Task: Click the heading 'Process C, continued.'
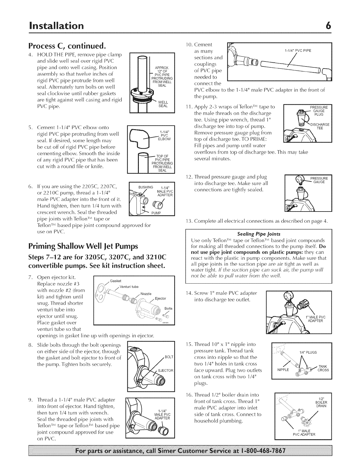(x=66, y=46)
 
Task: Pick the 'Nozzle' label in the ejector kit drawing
(x=146, y=294)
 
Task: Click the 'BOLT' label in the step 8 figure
(x=169, y=357)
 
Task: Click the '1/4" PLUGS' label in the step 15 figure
(x=308, y=352)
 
